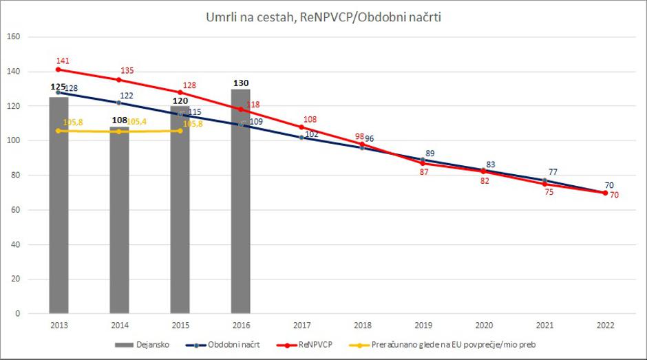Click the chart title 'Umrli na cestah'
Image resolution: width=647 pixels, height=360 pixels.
click(x=323, y=17)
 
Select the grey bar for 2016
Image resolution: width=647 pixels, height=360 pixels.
click(x=240, y=207)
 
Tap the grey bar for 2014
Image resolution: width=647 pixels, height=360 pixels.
click(x=119, y=227)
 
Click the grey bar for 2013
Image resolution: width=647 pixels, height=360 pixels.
click(x=59, y=207)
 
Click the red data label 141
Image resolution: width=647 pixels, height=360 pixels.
click(x=63, y=61)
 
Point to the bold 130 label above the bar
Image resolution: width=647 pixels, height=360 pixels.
click(x=240, y=83)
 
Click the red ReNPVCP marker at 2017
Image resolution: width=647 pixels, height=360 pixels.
click(x=301, y=127)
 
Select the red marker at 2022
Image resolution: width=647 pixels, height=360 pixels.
click(x=605, y=193)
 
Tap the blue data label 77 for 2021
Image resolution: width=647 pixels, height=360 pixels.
click(x=553, y=171)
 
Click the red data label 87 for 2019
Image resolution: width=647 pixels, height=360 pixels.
click(x=424, y=172)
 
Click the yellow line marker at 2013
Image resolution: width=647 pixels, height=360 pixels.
click(x=59, y=131)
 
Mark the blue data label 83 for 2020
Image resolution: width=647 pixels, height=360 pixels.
click(x=491, y=165)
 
